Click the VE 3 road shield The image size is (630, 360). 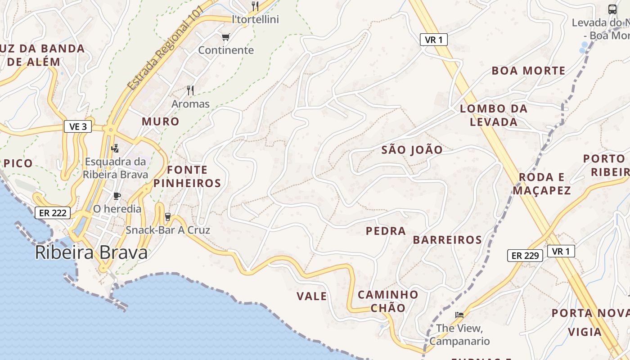point(78,127)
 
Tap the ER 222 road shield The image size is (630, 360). point(53,213)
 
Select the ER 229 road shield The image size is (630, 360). point(525,256)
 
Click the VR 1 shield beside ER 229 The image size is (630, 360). point(561,251)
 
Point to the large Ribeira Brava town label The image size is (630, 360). point(91,253)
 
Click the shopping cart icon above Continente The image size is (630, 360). point(225,37)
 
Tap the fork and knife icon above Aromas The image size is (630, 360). point(190,90)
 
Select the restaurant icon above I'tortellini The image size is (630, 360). point(255,6)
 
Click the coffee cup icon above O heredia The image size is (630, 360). point(117,196)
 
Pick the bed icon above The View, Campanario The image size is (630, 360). point(459,315)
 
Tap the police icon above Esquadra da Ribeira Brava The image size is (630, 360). point(116,148)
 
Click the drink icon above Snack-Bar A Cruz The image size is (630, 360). point(168,217)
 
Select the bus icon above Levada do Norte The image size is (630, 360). point(612,9)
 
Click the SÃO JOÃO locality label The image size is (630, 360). point(412,150)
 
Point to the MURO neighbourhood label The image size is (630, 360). point(161,121)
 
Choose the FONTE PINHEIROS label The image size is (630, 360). point(187,176)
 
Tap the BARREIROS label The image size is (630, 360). point(447,240)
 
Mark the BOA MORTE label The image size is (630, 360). point(528,71)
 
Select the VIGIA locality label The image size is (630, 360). point(585,332)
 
